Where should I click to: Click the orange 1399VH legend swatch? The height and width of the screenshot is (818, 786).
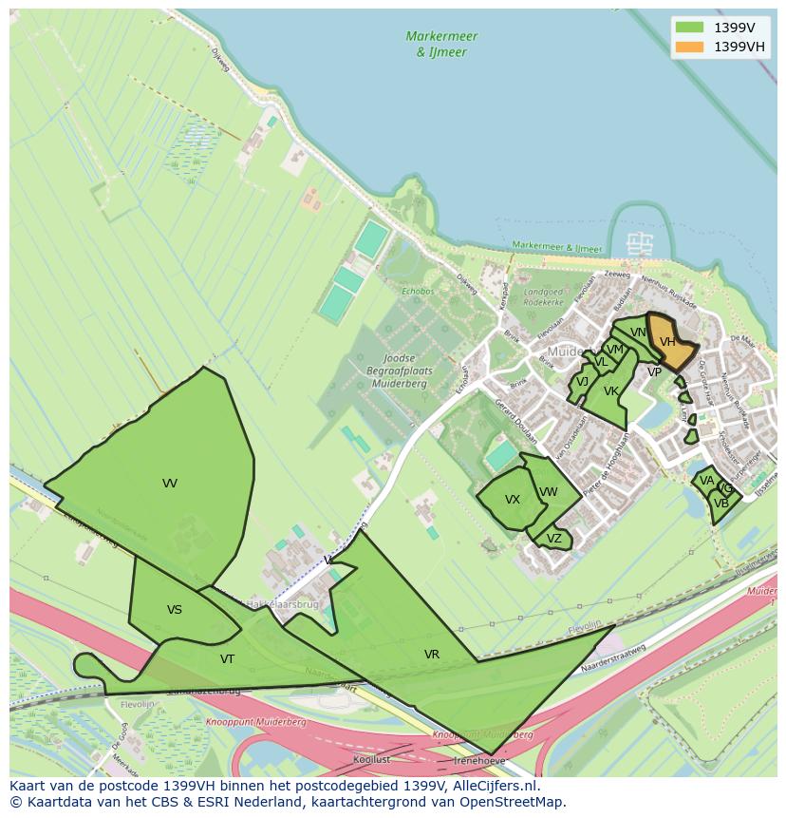[690, 47]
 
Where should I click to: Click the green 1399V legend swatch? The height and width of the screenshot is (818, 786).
[690, 29]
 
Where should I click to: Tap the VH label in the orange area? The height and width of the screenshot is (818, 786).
[667, 342]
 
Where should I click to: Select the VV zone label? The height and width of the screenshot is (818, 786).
[170, 484]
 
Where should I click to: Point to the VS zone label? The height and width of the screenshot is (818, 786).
[175, 610]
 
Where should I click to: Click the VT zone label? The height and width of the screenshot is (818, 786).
[228, 658]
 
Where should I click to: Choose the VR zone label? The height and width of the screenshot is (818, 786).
[432, 655]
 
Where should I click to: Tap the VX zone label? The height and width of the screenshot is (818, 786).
[513, 500]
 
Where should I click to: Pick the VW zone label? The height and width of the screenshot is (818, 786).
[549, 491]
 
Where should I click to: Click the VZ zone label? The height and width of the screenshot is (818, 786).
[554, 539]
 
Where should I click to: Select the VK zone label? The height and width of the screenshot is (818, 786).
[611, 391]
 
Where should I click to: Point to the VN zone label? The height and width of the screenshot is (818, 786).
[638, 333]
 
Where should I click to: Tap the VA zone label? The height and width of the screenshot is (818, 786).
[706, 481]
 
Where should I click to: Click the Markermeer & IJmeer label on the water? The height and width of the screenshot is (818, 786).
[441, 44]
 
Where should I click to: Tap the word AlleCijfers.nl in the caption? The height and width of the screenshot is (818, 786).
[494, 786]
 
